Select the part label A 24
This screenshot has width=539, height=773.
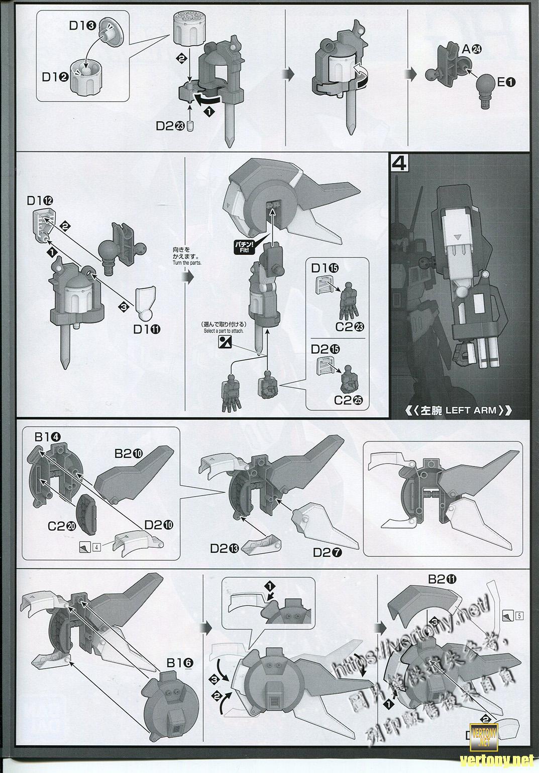pos(471,49)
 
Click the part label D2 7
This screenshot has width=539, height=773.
pos(328,552)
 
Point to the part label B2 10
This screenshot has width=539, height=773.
pos(128,453)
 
